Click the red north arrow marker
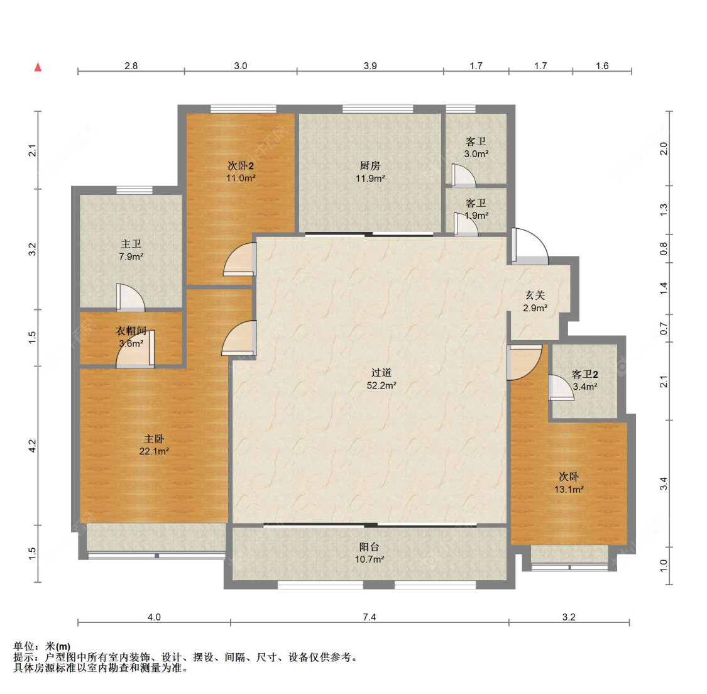click(38, 67)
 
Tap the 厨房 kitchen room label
click(370, 166)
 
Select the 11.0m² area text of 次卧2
click(241, 178)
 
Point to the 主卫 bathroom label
click(131, 244)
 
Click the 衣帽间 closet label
click(131, 331)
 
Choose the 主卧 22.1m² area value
click(154, 451)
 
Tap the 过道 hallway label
click(381, 373)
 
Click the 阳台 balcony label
click(370, 547)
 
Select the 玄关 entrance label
click(535, 295)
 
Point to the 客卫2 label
click(585, 374)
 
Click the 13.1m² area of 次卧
click(569, 489)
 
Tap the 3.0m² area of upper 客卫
click(476, 154)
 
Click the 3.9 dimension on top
click(370, 66)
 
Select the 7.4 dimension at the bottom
click(370, 617)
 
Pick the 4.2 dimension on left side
click(32, 446)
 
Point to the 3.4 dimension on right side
click(664, 484)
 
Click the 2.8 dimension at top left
click(131, 66)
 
